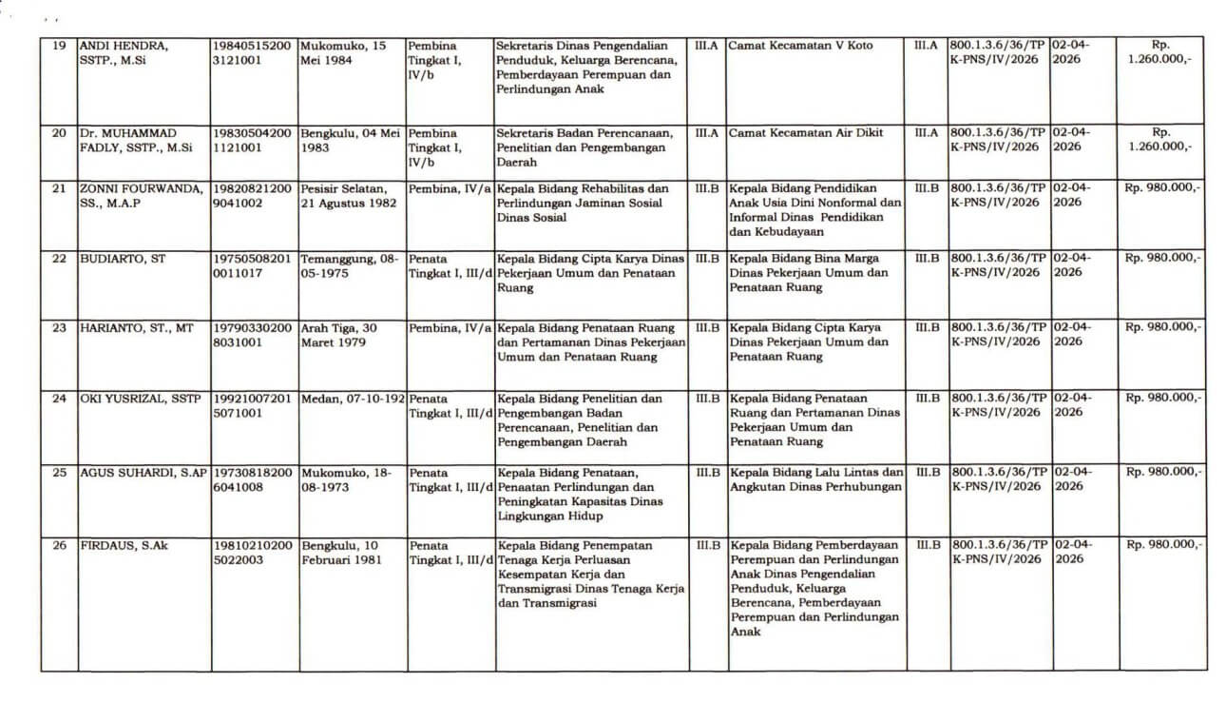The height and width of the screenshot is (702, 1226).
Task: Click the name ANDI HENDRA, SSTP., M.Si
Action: pos(124,52)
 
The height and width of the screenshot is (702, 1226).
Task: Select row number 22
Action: pos(59,258)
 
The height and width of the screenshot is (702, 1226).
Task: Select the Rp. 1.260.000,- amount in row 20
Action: pos(1159,140)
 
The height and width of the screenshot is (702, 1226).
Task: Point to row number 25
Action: pos(59,472)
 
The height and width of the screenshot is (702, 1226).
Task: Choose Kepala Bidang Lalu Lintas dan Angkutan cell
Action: pos(815,478)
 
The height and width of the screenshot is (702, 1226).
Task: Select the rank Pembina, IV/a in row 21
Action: pos(450,188)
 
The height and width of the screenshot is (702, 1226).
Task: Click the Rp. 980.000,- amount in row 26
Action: pos(1162,545)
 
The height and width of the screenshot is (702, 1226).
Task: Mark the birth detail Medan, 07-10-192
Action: pos(352,399)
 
